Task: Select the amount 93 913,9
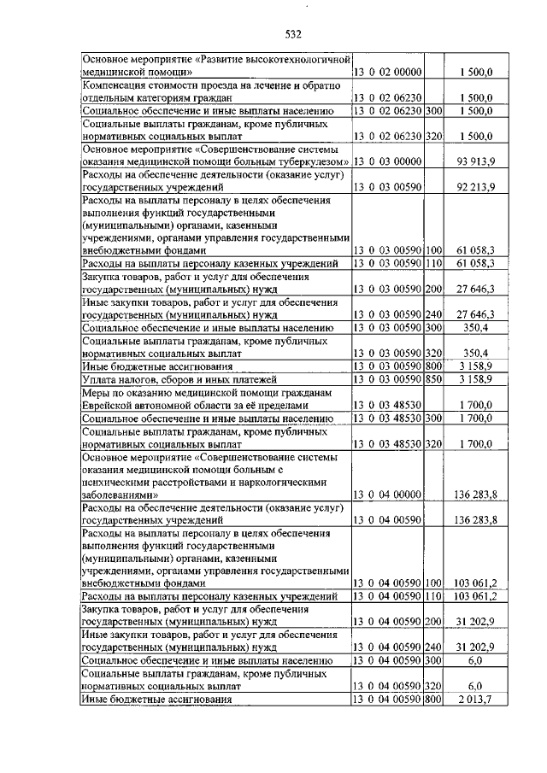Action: [x=476, y=161]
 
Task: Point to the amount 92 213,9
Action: [x=476, y=184]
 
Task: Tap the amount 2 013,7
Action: [x=476, y=700]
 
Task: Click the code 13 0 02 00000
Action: [x=388, y=73]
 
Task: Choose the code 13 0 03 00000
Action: [x=388, y=161]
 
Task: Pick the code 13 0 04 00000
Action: [x=388, y=494]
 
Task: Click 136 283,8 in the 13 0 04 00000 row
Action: [x=473, y=494]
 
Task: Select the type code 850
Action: [x=433, y=378]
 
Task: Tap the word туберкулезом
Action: [x=314, y=161]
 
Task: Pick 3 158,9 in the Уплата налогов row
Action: [x=476, y=378]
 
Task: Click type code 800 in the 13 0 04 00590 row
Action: [x=433, y=700]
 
